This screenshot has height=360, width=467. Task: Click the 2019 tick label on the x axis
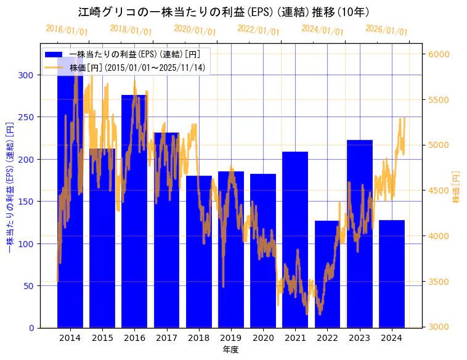(231, 338)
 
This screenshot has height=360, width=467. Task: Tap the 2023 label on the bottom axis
(359, 338)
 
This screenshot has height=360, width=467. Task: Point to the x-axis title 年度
(231, 350)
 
